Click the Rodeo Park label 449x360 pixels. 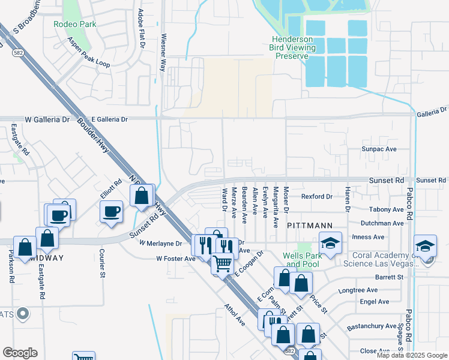coord(74,25)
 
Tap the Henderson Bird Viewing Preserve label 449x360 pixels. coord(290,47)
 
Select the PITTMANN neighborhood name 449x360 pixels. coord(309,225)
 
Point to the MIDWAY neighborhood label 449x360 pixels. coord(45,258)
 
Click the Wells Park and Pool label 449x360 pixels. coord(306,259)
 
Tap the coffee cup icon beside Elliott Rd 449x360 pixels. coord(112,212)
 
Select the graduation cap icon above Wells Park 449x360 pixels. coord(330,243)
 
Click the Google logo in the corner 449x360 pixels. coord(20,352)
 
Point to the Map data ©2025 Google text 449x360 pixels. coord(411,355)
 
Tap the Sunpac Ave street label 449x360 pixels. coord(379,149)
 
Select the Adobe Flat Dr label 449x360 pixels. coord(142,29)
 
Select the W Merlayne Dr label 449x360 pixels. coord(160,243)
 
